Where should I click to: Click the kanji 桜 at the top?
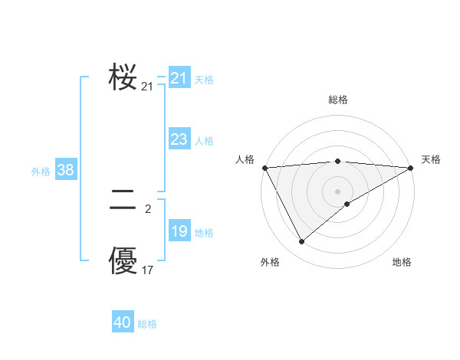(x=123, y=77)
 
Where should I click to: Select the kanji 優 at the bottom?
(x=123, y=260)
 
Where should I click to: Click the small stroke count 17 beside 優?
(x=148, y=270)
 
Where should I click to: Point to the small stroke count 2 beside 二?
(x=148, y=208)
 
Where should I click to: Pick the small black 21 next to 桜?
(x=148, y=87)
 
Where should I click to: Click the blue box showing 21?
(x=179, y=78)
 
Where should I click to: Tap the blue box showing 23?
(x=179, y=139)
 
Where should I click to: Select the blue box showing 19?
(x=179, y=231)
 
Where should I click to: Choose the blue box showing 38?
(x=65, y=170)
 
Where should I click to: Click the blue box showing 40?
(x=122, y=322)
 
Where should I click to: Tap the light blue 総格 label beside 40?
(x=148, y=324)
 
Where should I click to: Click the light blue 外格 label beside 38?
(x=41, y=172)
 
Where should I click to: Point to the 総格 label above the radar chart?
(x=338, y=100)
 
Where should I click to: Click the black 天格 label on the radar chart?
(x=431, y=159)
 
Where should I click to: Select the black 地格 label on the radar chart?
(x=402, y=263)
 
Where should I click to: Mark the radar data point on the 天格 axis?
(x=411, y=168)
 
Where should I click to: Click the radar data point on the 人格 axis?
(x=264, y=168)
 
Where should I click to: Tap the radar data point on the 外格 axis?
(x=301, y=241)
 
